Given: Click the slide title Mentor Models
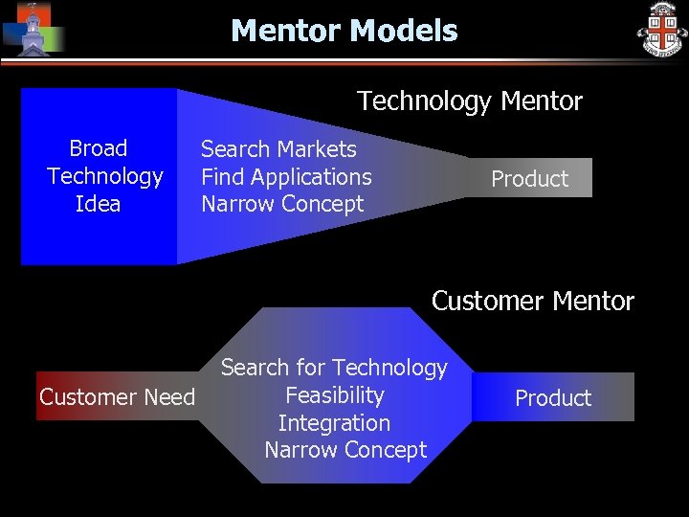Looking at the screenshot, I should point(344,31).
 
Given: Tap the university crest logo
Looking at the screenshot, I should point(662,30).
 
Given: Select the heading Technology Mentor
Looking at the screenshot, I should point(469,101).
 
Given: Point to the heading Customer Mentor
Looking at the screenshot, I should point(532,301).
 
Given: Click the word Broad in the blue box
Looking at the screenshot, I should point(99,148).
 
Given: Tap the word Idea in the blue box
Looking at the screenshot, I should point(99,204).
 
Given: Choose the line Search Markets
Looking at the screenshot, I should point(278,149).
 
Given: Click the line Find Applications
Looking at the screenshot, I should point(286,177).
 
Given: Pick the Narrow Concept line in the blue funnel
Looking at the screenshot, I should point(282,204).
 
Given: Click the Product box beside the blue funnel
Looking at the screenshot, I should point(529,179).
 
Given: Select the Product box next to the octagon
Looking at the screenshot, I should point(553,398).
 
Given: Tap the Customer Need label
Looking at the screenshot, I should point(117,397).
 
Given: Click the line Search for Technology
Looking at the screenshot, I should point(334,368).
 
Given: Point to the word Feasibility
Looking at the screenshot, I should point(334,395).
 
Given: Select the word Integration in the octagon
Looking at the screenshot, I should point(334,423).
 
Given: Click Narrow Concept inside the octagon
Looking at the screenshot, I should point(345,450).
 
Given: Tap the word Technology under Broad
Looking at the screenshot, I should point(104,176).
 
